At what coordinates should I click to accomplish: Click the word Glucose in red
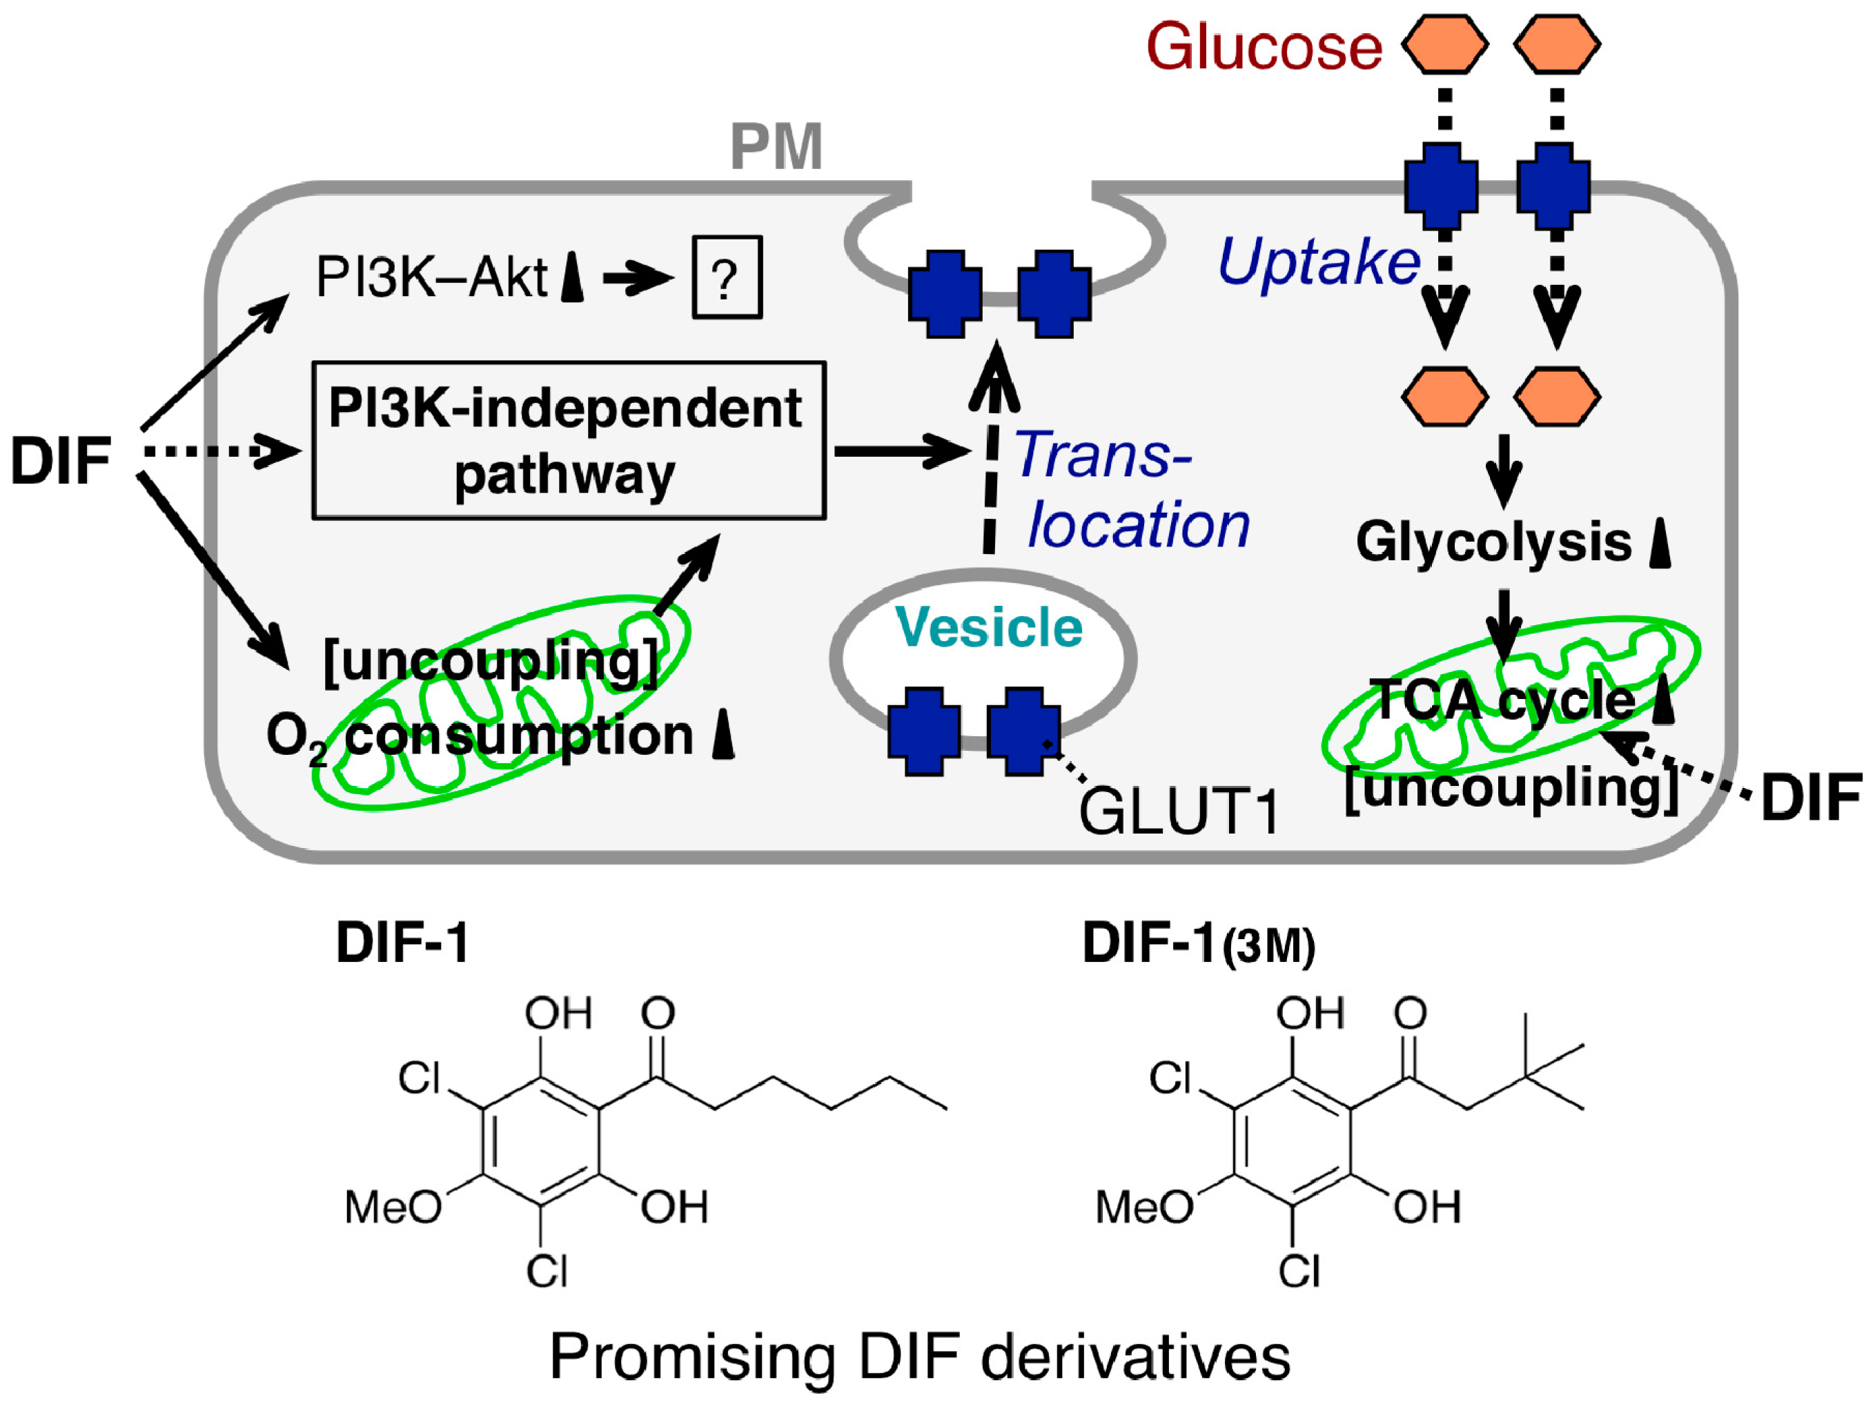click(1263, 47)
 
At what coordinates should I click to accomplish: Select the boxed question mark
click(727, 277)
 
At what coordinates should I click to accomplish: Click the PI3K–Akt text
click(431, 277)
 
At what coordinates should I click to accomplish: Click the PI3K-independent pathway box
click(568, 440)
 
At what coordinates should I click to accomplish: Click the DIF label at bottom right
click(1811, 798)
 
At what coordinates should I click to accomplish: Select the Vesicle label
click(988, 627)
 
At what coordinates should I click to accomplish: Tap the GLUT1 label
click(1178, 811)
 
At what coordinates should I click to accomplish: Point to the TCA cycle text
click(1501, 700)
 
